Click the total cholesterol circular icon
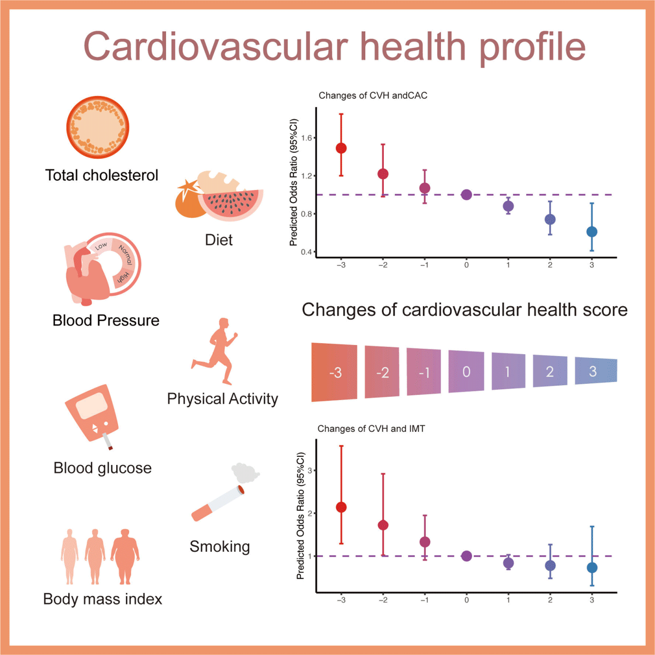[x=98, y=127]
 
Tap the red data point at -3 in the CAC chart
[x=341, y=148]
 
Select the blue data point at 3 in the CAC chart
[x=592, y=232]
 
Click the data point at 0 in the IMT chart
[x=466, y=556]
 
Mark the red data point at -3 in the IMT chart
[x=341, y=507]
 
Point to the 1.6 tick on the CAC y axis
[x=307, y=138]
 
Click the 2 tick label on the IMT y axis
[x=310, y=513]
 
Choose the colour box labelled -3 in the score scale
[x=335, y=373]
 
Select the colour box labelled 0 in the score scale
[x=466, y=372]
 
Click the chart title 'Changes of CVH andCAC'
[x=373, y=96]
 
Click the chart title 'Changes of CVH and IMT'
[x=371, y=429]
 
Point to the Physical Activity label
[x=222, y=399]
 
